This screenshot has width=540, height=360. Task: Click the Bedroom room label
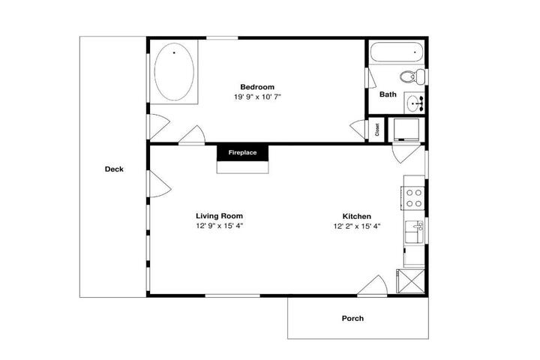[x=257, y=87]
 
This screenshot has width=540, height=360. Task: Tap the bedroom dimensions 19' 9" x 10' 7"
[x=257, y=97]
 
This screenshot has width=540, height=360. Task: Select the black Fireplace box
[x=242, y=152]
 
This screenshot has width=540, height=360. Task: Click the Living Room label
[x=219, y=216]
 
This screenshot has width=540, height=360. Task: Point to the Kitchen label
[x=357, y=216]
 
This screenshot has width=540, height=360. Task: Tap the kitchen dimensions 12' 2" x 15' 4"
[x=357, y=226]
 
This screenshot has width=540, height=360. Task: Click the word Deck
[x=114, y=169]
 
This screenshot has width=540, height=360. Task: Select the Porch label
[x=352, y=318]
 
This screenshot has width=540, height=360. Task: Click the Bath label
[x=388, y=94]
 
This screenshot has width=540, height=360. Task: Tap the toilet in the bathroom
[x=413, y=76]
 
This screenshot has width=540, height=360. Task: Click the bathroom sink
[x=415, y=102]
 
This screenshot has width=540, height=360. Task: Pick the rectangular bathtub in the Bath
[x=397, y=52]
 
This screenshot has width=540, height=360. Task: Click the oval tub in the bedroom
[x=174, y=72]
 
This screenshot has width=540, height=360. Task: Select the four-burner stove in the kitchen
[x=412, y=198]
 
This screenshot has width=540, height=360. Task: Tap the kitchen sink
[x=414, y=232]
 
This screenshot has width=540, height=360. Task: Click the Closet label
[x=377, y=130]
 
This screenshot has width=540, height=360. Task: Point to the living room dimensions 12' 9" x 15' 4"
[x=220, y=226]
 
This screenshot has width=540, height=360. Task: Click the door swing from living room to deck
[x=160, y=184]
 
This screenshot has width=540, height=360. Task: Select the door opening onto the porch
[x=372, y=286]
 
